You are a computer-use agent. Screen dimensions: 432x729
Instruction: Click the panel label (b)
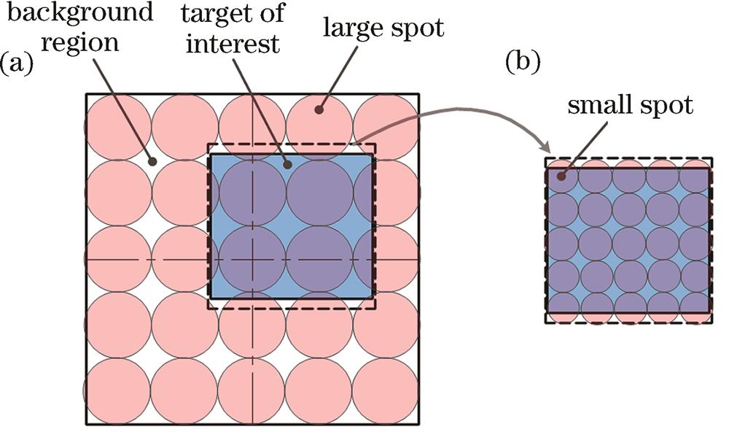click(x=523, y=63)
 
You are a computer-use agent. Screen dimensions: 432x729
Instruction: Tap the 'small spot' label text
click(x=631, y=107)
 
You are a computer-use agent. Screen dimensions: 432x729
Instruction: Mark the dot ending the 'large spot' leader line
click(x=319, y=110)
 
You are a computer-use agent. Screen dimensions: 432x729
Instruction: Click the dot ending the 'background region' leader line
click(x=152, y=161)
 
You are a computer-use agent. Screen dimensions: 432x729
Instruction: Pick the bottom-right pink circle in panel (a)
click(x=386, y=390)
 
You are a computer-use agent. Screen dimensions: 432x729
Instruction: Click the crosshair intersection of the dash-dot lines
click(x=252, y=259)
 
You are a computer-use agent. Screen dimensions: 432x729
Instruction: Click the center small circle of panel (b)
click(x=628, y=240)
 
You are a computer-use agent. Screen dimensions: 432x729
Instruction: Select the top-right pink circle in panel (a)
click(x=386, y=127)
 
